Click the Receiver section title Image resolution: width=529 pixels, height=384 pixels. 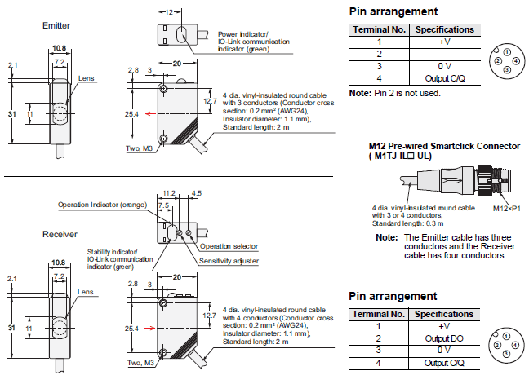coord(59,234)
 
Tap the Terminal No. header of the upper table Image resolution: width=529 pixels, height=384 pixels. coord(379,29)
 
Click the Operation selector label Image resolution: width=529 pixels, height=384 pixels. coord(229,245)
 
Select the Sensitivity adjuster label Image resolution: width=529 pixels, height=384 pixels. coord(230,260)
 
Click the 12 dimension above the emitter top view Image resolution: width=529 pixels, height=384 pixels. coord(168,12)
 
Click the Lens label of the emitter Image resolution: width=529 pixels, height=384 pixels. coord(86,78)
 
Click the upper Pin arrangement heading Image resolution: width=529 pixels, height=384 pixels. coord(393,11)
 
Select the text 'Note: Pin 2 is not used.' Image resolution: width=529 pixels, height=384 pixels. coord(395,93)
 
